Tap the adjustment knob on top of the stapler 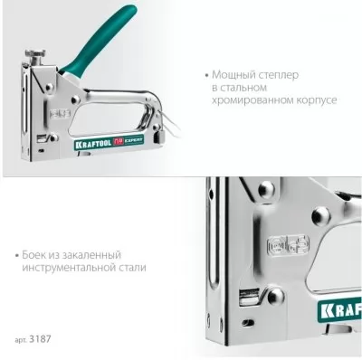coord(35,57)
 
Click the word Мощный coord(232,74)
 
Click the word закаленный coord(91,255)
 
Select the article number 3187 coord(40,339)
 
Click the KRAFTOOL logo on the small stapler coord(93,143)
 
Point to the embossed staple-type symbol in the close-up coord(288,245)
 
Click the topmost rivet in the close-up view coord(266,189)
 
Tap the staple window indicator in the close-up coord(249,298)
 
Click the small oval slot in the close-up coord(248,321)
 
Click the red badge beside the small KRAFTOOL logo coord(119,142)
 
